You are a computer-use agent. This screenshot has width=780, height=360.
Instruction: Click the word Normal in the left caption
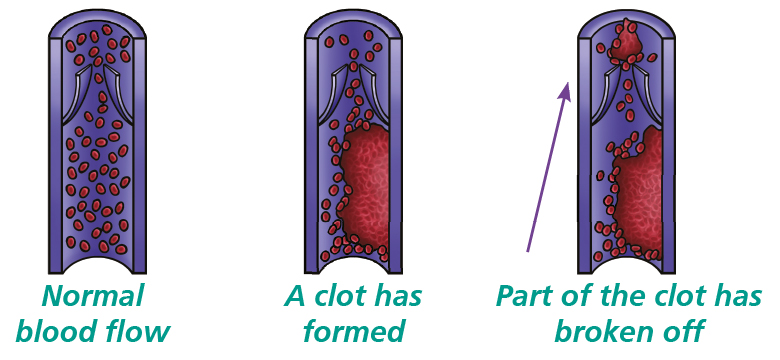pos(93,296)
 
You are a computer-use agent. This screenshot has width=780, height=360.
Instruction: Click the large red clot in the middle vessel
pos(366,190)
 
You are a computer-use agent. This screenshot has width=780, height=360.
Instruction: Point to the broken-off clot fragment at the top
pos(627,42)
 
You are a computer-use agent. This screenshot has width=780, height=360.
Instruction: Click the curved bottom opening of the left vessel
pos(98,267)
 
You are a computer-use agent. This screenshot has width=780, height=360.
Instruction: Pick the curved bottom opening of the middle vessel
pos(356,267)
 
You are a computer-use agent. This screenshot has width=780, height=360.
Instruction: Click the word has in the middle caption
pos(397,296)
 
